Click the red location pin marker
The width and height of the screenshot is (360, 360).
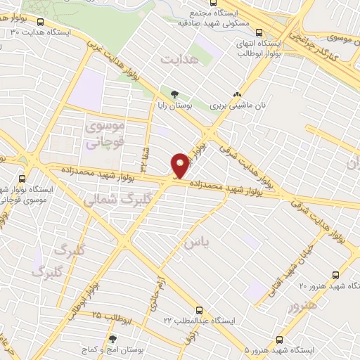[181, 165]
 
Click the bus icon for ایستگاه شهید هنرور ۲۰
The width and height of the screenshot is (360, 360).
[335, 275]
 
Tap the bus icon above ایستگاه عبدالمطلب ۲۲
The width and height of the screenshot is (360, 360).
[199, 309]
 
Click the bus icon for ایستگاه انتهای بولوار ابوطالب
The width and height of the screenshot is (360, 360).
[259, 32]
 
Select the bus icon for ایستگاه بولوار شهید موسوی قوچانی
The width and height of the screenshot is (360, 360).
[23, 179]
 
